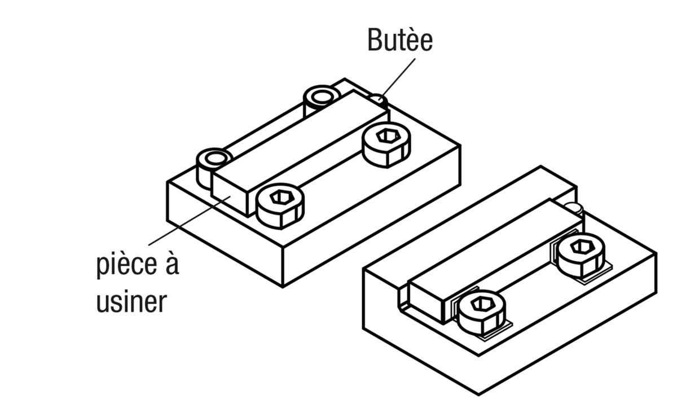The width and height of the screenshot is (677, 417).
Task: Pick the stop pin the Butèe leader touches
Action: point(378,100)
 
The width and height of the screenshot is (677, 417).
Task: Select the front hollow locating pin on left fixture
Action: point(214,159)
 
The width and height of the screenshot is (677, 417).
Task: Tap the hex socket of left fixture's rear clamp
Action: point(385,136)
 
